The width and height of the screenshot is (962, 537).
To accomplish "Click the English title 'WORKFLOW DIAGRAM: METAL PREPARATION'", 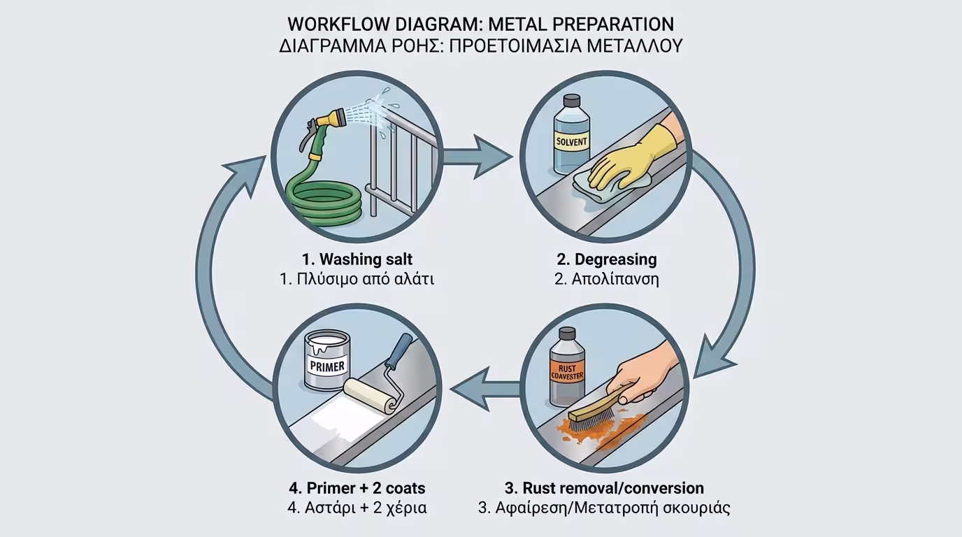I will (x=480, y=24).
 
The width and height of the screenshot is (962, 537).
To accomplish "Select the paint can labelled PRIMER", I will (x=327, y=360).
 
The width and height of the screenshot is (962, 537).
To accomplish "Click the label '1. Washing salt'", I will (x=357, y=259).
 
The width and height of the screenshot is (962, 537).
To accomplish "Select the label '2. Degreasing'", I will (x=606, y=259).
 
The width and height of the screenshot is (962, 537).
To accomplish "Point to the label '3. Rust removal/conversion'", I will (x=604, y=487).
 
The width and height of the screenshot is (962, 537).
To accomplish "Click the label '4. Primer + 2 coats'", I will (x=357, y=487).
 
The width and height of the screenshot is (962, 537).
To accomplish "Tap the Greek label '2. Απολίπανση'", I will (x=606, y=279).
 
